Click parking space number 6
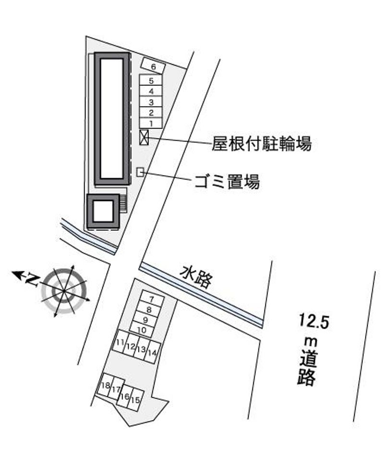(153, 65)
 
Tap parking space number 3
(151, 102)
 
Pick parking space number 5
(151, 80)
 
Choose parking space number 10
(142, 330)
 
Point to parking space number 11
(120, 342)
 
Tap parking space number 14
(152, 353)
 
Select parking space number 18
(106, 385)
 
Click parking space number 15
(136, 399)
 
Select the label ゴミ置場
(227, 181)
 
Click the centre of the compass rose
(63, 291)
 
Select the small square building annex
(103, 212)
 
